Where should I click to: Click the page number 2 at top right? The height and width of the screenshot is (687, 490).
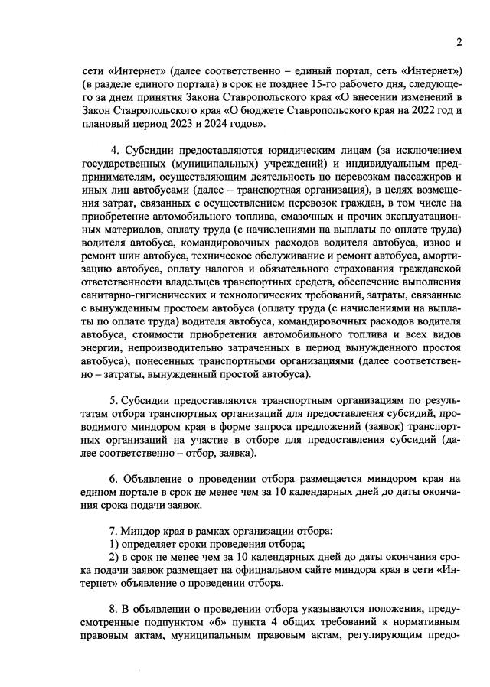(x=459, y=42)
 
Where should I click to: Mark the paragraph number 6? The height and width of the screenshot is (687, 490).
(x=113, y=479)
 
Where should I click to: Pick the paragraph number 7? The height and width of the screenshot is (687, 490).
(x=113, y=530)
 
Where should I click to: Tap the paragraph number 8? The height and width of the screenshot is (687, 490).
(x=113, y=609)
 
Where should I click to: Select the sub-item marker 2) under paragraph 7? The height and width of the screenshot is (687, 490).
(x=115, y=558)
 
